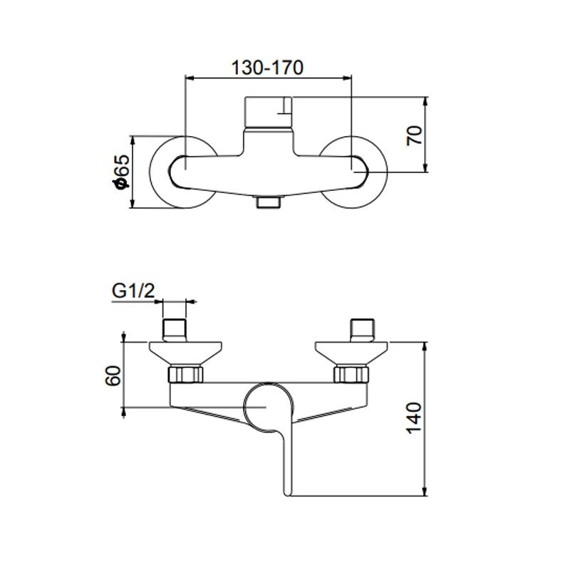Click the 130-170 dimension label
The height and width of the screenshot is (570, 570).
[x=268, y=68]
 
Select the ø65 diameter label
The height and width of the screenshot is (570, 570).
[x=120, y=172]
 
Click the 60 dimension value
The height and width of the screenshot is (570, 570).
[x=111, y=375]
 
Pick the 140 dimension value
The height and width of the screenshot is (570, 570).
[x=415, y=420]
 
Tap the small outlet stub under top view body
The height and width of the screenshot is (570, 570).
[x=269, y=202]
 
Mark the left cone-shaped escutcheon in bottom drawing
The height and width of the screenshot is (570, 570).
[x=184, y=352]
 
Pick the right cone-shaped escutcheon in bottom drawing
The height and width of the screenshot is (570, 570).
[x=353, y=352]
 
